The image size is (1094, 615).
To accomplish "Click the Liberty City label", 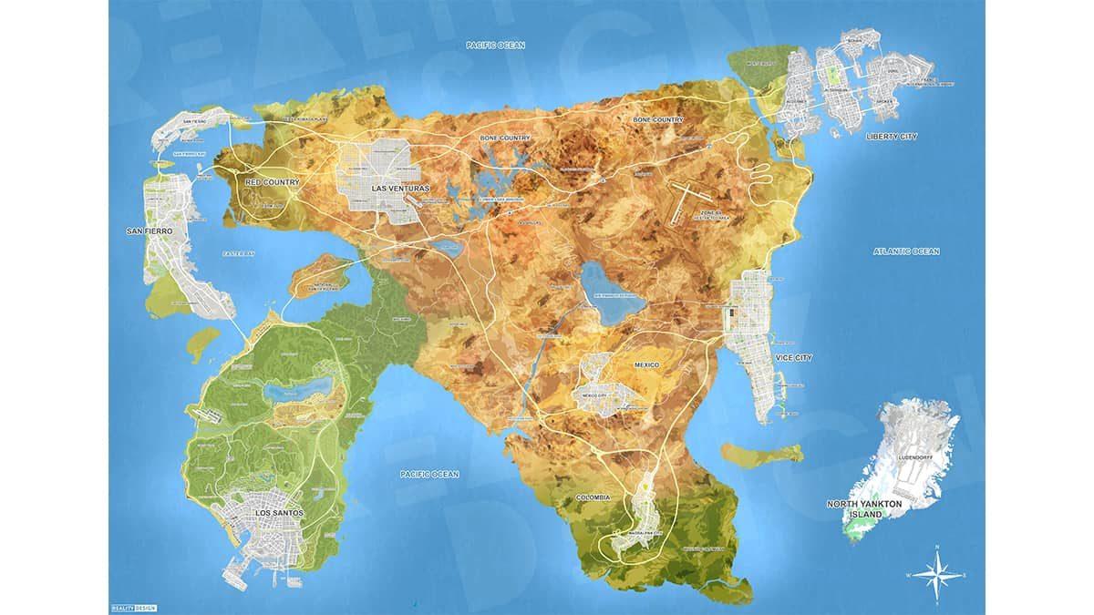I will [x=892, y=136].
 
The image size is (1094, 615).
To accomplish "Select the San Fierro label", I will [x=150, y=231].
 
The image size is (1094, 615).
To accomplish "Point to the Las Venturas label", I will [x=400, y=189].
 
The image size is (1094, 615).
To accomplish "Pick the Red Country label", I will [x=273, y=182].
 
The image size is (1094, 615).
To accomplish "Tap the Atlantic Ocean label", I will [x=906, y=251].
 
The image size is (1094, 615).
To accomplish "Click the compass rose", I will [x=936, y=573].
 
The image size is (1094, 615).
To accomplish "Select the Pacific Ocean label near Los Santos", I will [x=430, y=474].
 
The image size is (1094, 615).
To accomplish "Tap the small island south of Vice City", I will [x=761, y=452].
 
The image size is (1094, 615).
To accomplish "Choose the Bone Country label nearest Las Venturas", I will [x=504, y=138].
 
